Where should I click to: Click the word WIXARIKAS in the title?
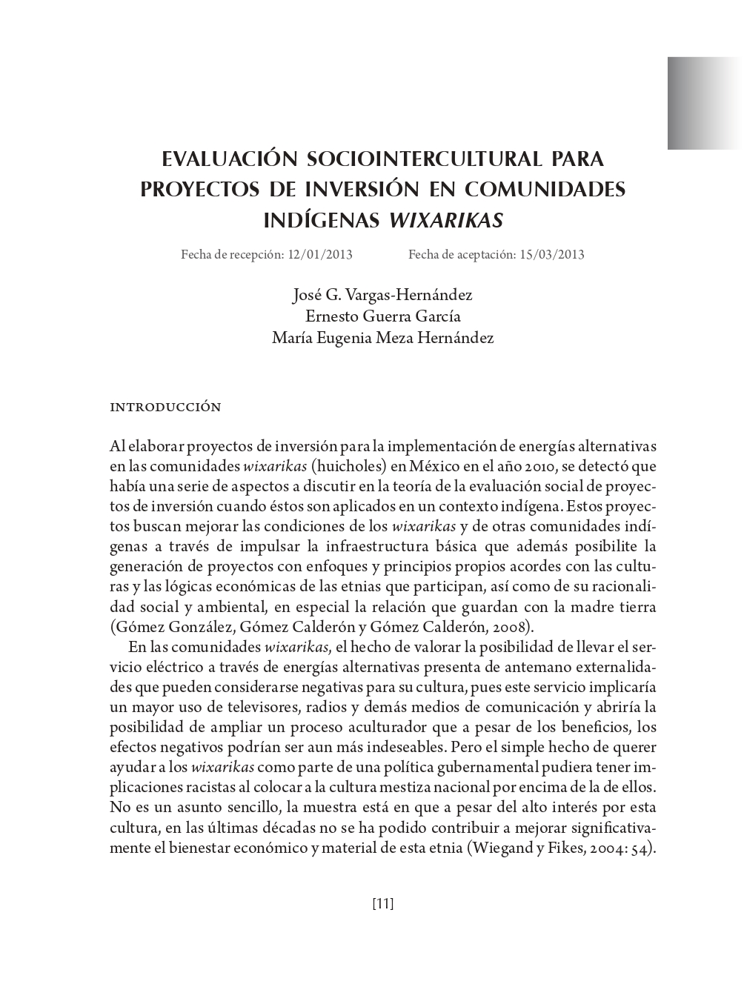[446, 221]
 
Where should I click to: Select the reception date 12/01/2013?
[320, 255]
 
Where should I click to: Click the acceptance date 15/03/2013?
[552, 255]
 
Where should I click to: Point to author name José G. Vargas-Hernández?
[382, 295]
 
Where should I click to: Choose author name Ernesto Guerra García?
[382, 316]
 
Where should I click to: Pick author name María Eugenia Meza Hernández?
[382, 339]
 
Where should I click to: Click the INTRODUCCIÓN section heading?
[165, 408]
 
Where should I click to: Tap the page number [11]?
[382, 903]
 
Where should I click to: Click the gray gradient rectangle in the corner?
[705, 103]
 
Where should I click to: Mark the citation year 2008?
[511, 627]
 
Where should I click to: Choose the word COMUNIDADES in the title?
[545, 190]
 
